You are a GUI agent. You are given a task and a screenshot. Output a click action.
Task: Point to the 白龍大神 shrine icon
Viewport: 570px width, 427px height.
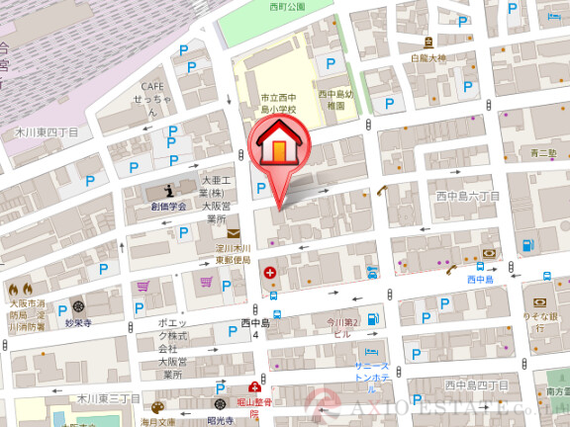(x=428, y=42)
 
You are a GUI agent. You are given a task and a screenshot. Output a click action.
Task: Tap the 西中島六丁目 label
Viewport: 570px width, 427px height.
(x=468, y=197)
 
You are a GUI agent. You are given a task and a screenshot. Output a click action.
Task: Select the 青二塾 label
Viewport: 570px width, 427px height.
(x=543, y=153)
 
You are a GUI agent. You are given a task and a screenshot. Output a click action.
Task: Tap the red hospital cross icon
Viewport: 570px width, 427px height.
(x=269, y=271)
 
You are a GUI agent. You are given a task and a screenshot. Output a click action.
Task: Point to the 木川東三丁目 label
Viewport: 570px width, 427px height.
(x=108, y=397)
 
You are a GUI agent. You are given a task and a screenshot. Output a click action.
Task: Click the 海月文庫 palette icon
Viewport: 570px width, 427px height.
(x=157, y=406)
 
